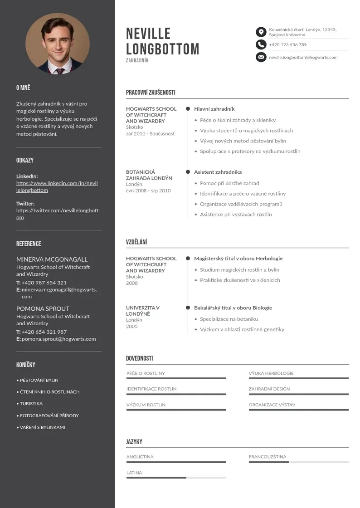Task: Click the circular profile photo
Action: pyautogui.click(x=58, y=44)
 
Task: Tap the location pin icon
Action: pyautogui.click(x=261, y=32)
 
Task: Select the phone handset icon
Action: pyautogui.click(x=261, y=44)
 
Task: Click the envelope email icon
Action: pyautogui.click(x=261, y=57)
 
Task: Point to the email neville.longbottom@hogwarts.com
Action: pyautogui.click(x=303, y=58)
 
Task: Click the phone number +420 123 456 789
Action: pyautogui.click(x=287, y=45)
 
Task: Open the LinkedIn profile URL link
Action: pyautogui.click(x=57, y=186)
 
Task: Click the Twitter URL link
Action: pyautogui.click(x=57, y=214)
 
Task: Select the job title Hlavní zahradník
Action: pyautogui.click(x=214, y=109)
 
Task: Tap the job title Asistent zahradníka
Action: pyautogui.click(x=218, y=172)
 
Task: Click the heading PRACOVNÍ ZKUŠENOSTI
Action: pyautogui.click(x=151, y=93)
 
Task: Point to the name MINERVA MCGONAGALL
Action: pyautogui.click(x=52, y=259)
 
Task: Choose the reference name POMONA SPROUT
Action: pyautogui.click(x=43, y=308)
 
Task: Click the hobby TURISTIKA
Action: pyautogui.click(x=31, y=403)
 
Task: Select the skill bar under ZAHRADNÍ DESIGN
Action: pyautogui.click(x=298, y=394)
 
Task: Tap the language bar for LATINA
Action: pyautogui.click(x=176, y=478)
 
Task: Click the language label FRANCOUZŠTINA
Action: pyautogui.click(x=268, y=457)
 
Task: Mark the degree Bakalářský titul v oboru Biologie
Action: pyautogui.click(x=233, y=308)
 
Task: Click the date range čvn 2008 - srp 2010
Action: pyautogui.click(x=148, y=190)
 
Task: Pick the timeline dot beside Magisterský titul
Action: pyautogui.click(x=188, y=259)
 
